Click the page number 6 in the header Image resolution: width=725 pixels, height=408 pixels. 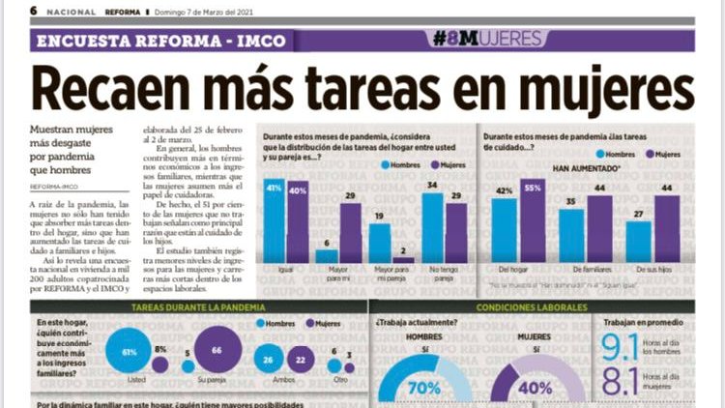coord(34,11)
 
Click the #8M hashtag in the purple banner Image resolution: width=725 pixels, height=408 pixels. coord(461,40)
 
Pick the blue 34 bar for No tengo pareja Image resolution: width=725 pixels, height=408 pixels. coord(432,228)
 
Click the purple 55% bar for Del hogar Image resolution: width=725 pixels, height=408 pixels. coord(533,221)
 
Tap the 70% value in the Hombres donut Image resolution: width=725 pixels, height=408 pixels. coord(423,389)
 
